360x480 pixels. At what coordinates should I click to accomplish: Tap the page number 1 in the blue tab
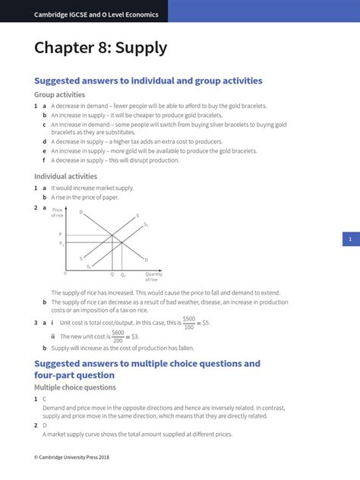tap(350, 239)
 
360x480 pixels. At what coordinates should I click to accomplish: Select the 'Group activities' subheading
tap(60, 95)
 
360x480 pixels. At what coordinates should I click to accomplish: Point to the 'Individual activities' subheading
tap(66, 176)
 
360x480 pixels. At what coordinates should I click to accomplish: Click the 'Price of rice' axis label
tap(57, 213)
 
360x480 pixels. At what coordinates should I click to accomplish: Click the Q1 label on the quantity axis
tap(123, 274)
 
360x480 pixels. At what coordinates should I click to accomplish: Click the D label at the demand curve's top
tap(81, 212)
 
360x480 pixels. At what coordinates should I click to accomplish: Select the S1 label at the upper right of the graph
tap(147, 225)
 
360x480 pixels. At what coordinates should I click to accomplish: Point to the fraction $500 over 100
tap(188, 322)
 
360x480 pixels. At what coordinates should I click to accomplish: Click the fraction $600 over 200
tap(118, 336)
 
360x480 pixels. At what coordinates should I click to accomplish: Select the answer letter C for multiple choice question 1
tap(45, 398)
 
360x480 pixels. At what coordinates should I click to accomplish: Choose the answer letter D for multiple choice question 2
tap(45, 425)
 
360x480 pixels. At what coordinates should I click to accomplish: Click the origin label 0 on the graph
tap(65, 273)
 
